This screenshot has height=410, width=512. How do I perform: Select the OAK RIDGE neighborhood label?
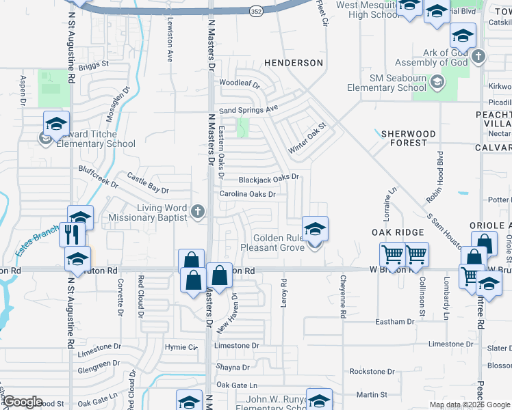coord(394,233)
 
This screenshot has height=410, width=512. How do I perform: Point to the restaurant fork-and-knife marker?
coord(71,234)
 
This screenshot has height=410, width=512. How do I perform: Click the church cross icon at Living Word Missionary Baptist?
coord(198,211)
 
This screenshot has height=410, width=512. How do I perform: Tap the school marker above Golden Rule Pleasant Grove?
coord(315,229)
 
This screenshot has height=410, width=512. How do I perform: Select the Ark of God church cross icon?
coord(478,57)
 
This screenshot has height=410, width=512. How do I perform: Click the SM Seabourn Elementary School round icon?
coord(437,83)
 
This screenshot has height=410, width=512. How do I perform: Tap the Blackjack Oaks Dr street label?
coord(269,178)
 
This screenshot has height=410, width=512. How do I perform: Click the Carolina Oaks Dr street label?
coord(247,194)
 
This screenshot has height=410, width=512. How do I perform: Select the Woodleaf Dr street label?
coord(240,84)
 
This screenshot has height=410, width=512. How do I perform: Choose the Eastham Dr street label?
coord(395,321)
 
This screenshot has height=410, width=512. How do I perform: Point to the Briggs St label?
coord(93,65)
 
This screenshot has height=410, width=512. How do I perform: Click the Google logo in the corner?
coord(23,402)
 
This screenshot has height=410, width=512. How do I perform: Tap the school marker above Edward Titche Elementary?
coord(56,124)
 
